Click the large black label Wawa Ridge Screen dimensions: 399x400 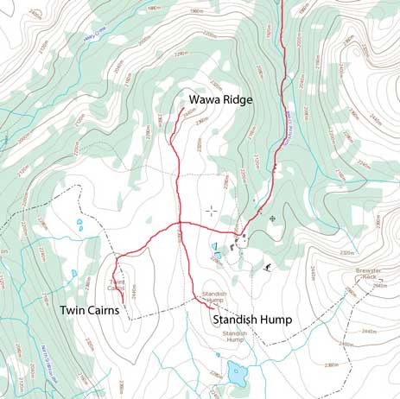(x=220, y=100)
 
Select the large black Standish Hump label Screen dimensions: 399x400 (x=251, y=320)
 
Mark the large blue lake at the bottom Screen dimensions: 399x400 (x=236, y=373)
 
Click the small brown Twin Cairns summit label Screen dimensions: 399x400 (x=118, y=285)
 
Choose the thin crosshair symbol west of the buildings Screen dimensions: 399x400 (x=211, y=210)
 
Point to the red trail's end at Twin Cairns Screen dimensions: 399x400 (x=123, y=301)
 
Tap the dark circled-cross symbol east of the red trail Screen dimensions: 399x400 (x=273, y=218)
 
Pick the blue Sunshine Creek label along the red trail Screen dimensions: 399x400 (x=279, y=130)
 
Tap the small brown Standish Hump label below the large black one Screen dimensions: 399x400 (x=234, y=336)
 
